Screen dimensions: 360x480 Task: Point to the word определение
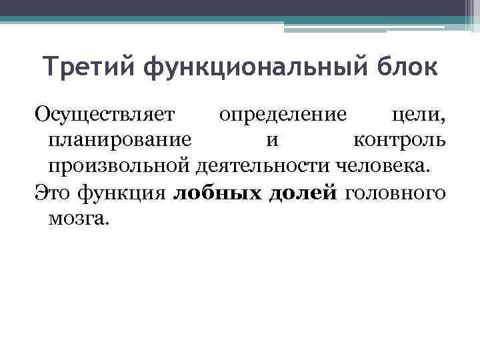point(283,114)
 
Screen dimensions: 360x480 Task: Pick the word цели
point(419,114)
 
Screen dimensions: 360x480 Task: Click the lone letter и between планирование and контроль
point(272,141)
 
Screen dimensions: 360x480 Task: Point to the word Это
point(52,193)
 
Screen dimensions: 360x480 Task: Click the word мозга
point(77,219)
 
